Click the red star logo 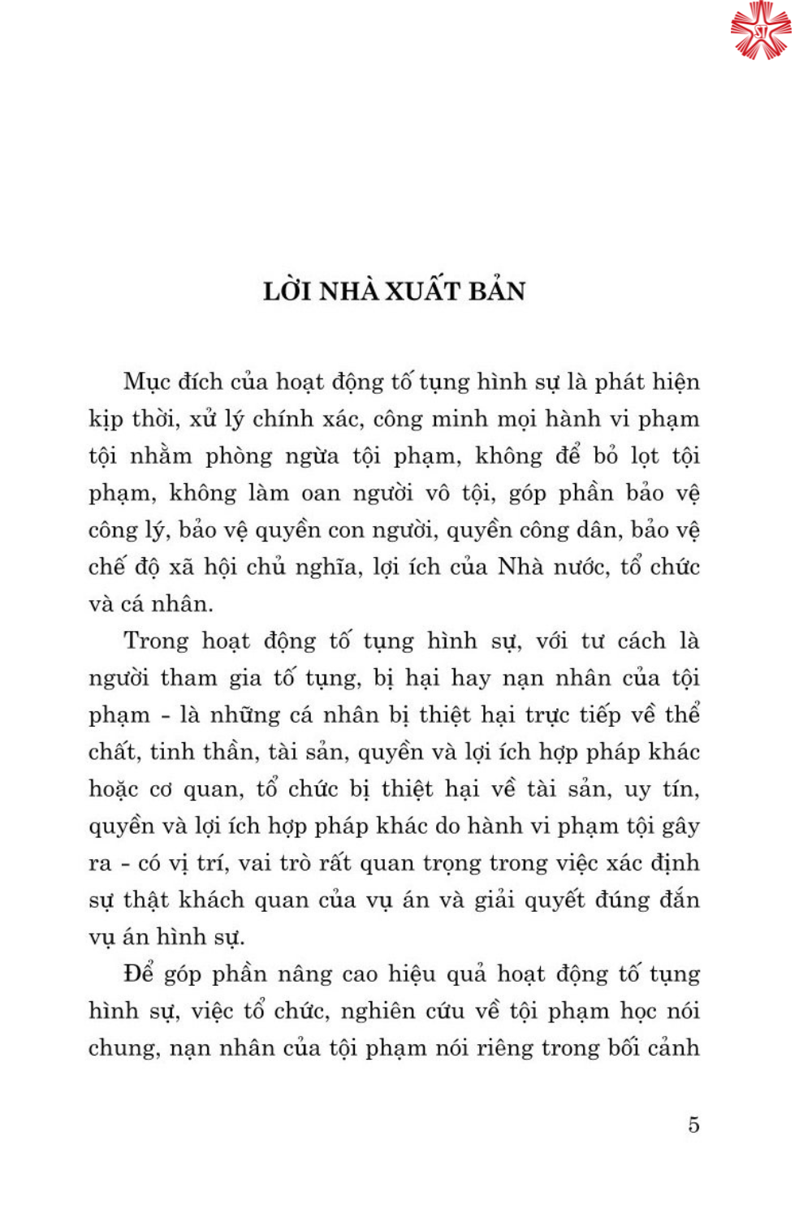[760, 31]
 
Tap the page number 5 [693, 1125]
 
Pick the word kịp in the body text [105, 420]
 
